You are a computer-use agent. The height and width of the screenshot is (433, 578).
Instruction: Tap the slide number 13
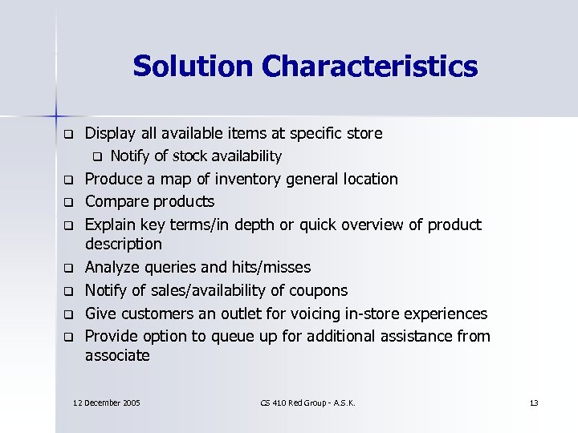[x=534, y=402]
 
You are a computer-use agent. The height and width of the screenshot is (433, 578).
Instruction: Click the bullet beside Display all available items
[x=69, y=132]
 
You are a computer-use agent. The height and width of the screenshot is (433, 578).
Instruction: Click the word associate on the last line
[x=117, y=355]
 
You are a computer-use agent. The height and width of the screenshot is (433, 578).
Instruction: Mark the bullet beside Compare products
[x=69, y=201]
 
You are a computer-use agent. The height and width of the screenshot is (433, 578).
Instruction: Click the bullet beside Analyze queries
[x=69, y=268]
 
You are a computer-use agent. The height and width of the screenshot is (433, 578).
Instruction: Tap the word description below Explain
[x=124, y=244]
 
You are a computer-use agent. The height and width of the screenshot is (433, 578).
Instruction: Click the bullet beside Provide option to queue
[x=69, y=336]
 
